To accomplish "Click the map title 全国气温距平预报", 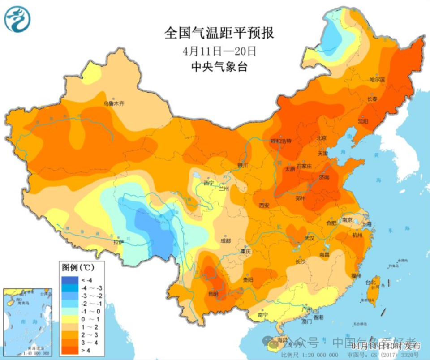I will coord(219,33).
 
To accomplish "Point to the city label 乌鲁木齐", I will coord(114,103).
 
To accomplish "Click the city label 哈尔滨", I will coord(377,80).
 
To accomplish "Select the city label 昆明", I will coord(213,294).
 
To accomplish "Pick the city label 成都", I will coord(226,240).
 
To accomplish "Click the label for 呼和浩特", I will coord(281,141).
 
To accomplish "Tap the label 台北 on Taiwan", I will coord(371,283).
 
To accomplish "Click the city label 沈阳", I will coord(363,121).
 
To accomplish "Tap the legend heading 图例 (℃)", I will coord(78,268).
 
